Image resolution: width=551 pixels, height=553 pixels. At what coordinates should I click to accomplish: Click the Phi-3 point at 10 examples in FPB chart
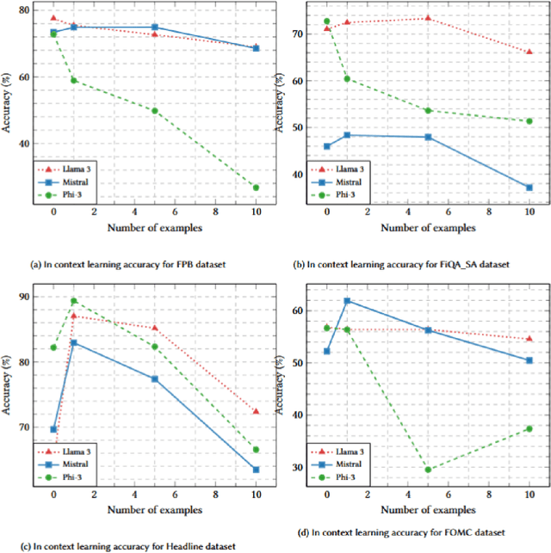[256, 187]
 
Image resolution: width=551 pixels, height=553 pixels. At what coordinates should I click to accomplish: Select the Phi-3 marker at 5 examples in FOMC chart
[428, 470]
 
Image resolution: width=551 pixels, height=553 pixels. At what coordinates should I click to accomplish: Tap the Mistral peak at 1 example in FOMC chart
[347, 301]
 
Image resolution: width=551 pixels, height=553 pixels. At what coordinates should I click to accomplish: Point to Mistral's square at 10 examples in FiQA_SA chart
[529, 187]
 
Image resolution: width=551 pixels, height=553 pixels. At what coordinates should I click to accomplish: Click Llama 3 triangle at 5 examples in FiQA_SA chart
[428, 18]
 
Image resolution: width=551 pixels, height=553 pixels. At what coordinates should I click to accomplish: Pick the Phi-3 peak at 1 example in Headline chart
[73, 301]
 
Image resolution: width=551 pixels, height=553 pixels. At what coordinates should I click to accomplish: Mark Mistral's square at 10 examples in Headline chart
[256, 470]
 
